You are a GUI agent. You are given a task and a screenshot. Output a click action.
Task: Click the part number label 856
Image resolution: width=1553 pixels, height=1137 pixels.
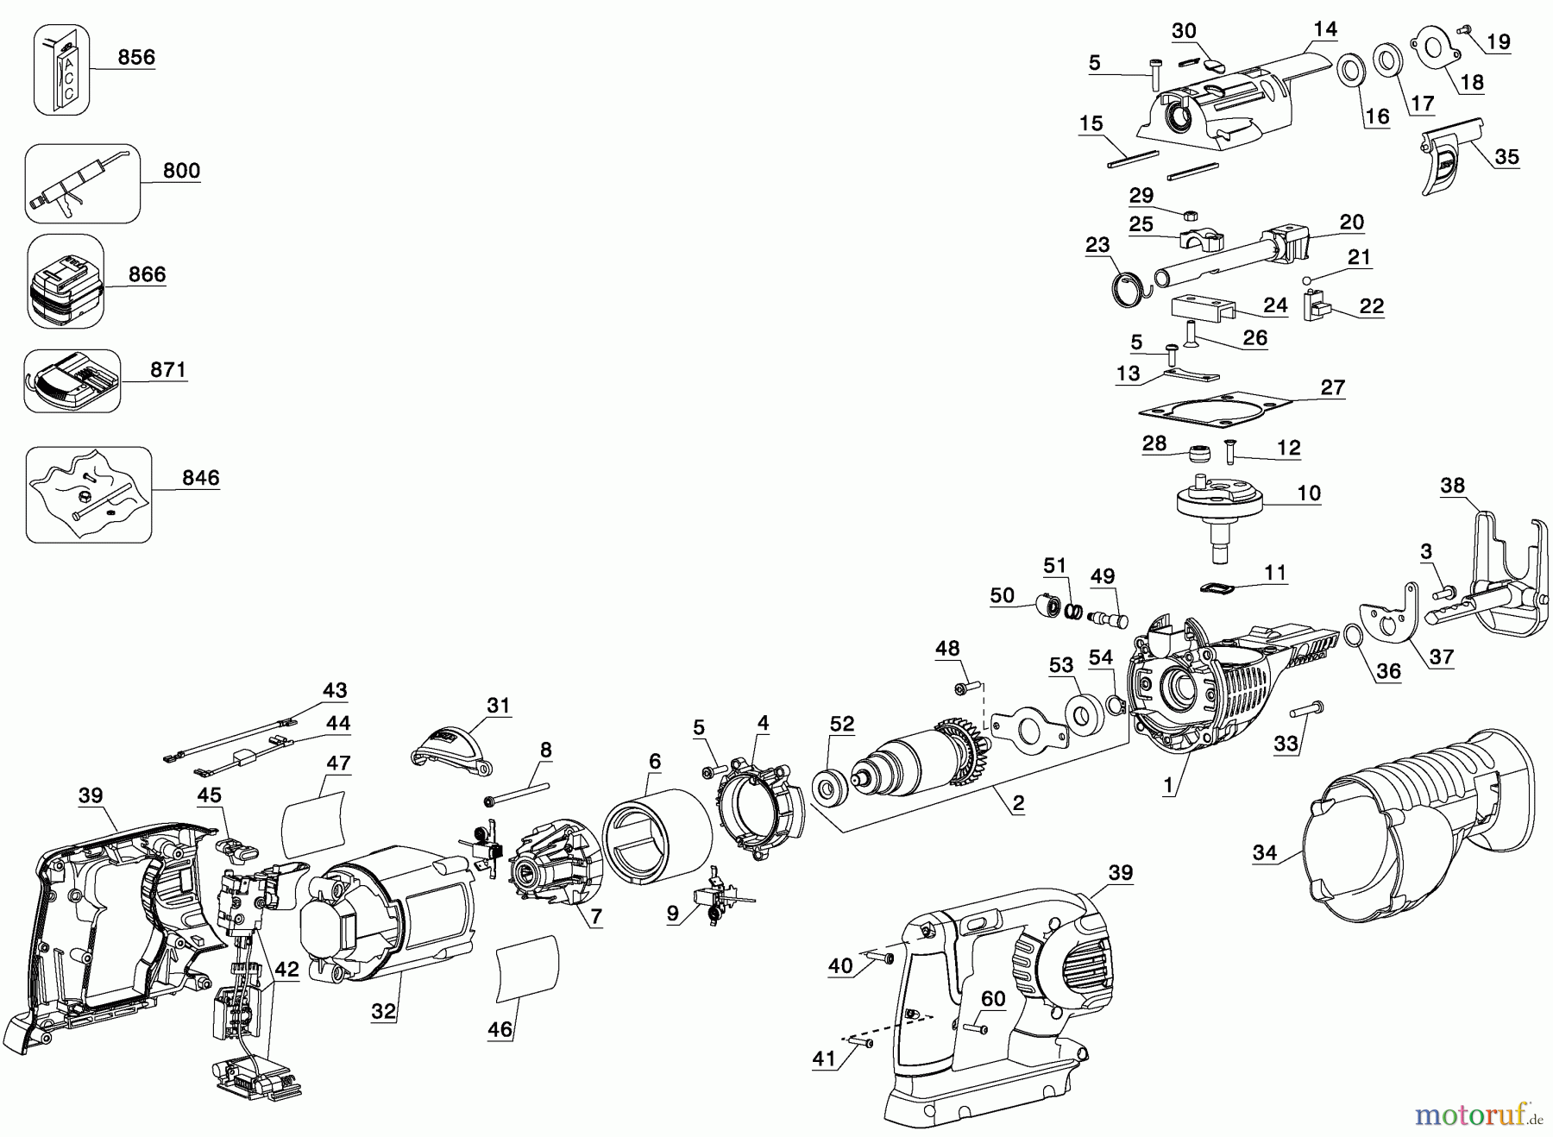click(136, 57)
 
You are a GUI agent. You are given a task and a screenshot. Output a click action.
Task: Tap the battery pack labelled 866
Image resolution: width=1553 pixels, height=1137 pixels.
click(66, 281)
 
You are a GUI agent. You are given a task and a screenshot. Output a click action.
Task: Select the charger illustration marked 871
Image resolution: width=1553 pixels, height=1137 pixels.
click(71, 380)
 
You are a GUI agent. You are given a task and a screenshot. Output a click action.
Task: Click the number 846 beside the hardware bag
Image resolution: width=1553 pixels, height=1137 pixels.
click(200, 477)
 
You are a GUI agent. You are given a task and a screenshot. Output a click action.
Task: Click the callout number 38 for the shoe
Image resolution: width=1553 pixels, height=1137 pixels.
click(1452, 485)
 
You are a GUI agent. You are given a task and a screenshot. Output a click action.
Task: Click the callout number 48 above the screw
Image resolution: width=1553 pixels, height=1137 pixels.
click(947, 648)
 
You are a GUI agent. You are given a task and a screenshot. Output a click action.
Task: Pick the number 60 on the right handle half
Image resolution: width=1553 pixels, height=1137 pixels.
click(993, 998)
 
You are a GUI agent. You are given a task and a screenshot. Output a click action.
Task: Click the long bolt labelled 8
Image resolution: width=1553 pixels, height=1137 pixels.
click(519, 793)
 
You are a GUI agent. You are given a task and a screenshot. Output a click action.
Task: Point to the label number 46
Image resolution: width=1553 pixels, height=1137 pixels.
click(500, 1028)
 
